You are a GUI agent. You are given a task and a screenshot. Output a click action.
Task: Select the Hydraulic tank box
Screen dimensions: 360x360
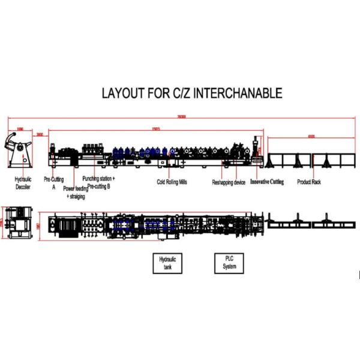166,263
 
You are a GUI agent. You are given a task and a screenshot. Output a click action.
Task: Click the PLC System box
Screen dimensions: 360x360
229,263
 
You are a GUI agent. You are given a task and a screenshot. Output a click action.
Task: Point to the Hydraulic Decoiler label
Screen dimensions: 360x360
23,182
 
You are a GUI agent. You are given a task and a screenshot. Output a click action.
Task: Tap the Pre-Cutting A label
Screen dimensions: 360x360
53,182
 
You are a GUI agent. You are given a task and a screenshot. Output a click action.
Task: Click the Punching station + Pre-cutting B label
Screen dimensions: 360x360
100,182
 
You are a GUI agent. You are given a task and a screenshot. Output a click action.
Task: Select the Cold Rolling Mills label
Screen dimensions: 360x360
172,181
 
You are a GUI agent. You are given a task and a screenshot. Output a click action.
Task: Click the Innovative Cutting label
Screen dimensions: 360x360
267,181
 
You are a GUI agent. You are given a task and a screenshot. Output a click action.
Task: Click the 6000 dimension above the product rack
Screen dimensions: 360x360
311,136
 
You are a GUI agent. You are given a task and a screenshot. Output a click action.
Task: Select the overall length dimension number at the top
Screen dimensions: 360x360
181,116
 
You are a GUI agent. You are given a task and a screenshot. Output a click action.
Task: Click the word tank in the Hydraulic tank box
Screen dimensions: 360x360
166,267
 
